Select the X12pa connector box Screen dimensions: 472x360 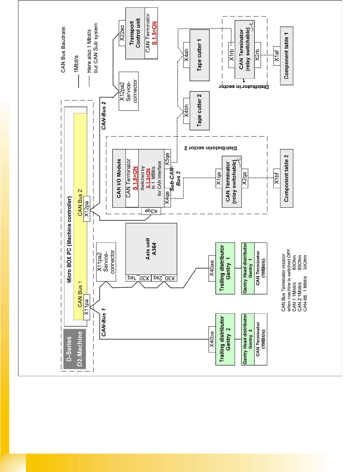pos(86,206)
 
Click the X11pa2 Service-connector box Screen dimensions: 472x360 pos(106,262)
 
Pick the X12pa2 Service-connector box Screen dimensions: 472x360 pos(128,91)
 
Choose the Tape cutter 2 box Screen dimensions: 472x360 pos(200,110)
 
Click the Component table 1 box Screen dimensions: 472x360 pos(286,56)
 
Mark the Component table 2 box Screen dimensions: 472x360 pos(286,178)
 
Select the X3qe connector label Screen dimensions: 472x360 pos(151,211)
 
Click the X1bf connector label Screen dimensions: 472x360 pos(277,178)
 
